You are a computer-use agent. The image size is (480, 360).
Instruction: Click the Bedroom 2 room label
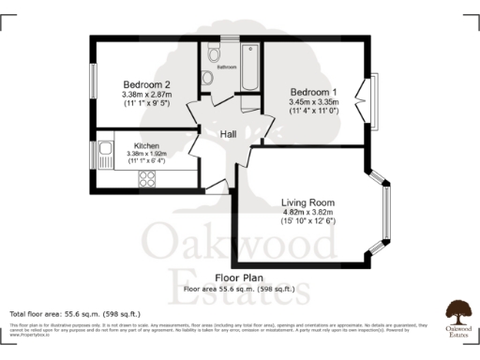(x=146, y=83)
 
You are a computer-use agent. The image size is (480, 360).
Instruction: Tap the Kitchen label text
(x=145, y=147)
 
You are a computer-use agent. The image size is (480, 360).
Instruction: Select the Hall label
(x=228, y=134)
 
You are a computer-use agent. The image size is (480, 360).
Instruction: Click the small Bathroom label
(x=227, y=67)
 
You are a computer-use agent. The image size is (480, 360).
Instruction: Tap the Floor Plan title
(x=239, y=278)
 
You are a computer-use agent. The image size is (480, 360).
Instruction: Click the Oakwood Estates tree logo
(x=458, y=311)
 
